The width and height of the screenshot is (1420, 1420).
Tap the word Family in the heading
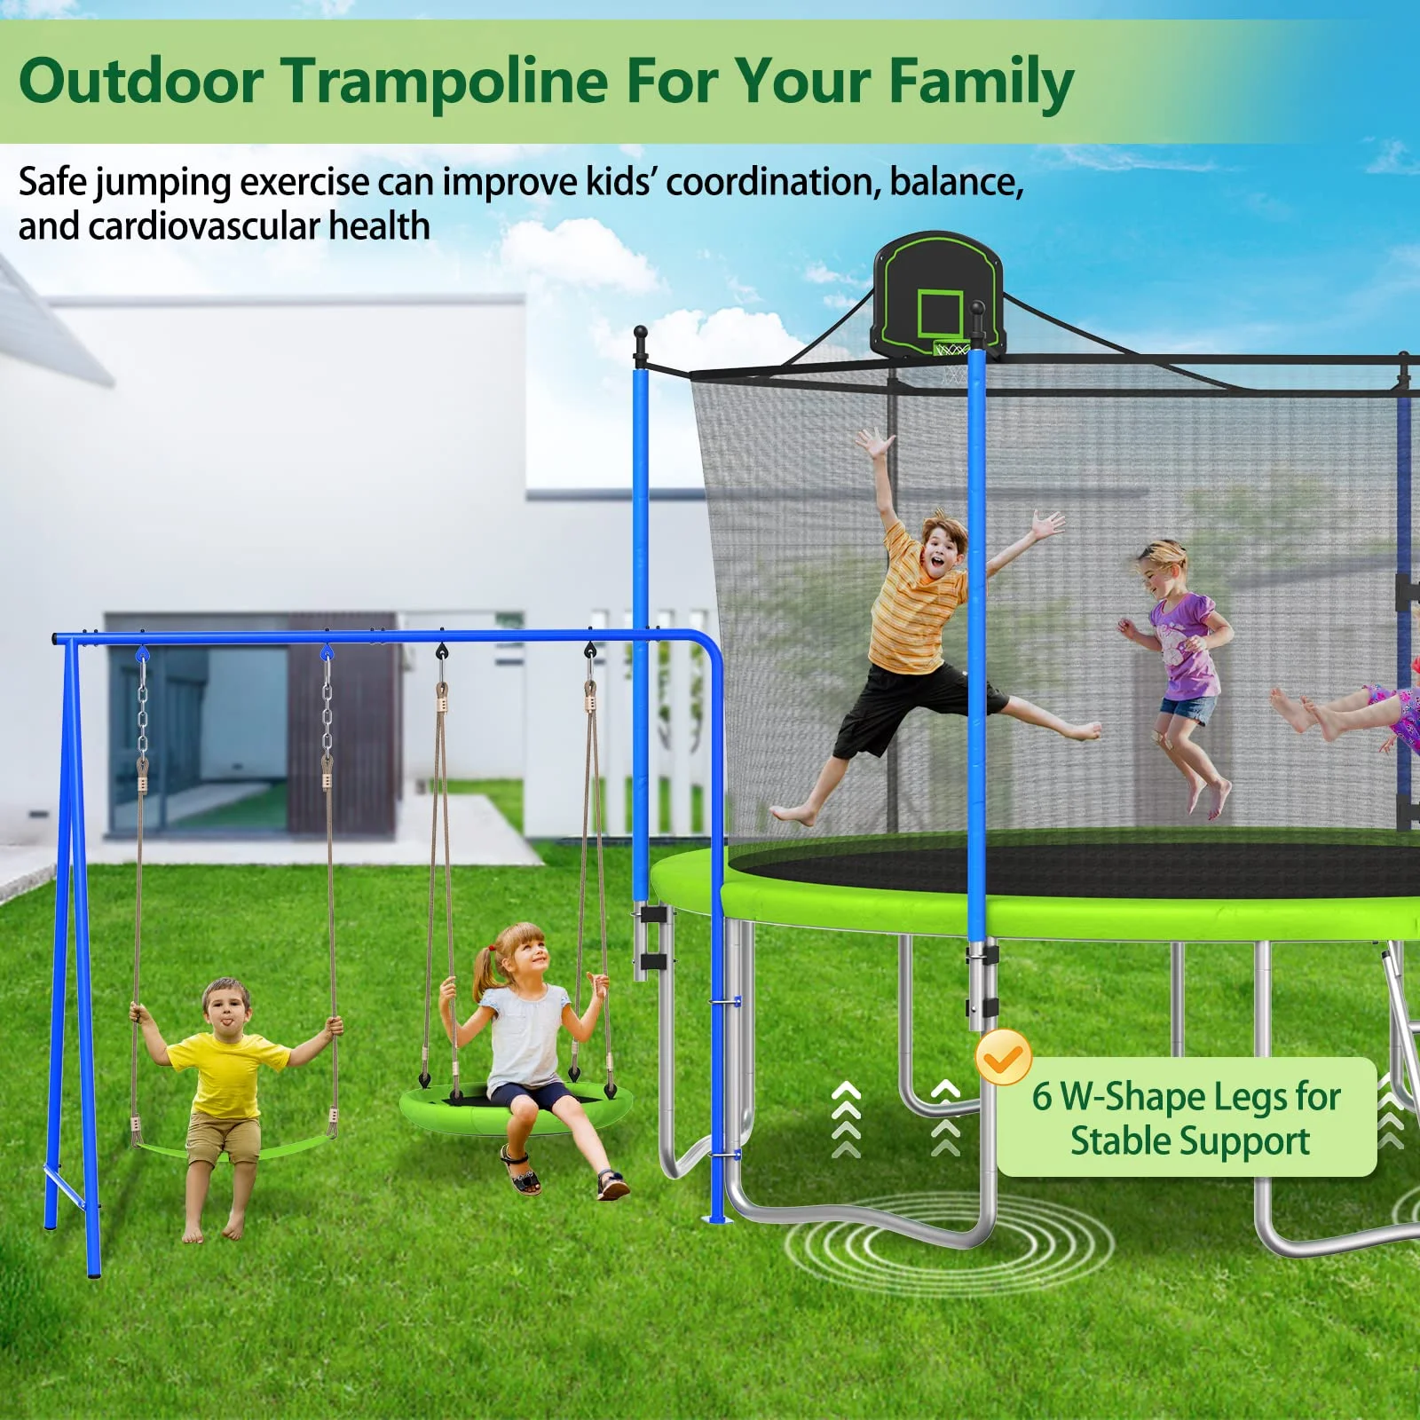[x=982, y=83]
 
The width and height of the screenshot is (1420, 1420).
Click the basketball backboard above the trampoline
[x=939, y=296]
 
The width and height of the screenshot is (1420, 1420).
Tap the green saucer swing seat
[x=517, y=1107]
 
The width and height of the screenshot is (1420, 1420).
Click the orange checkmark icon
[x=1003, y=1056]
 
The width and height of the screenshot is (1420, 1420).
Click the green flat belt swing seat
[x=233, y=1149]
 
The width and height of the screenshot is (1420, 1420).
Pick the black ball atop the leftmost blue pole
[x=641, y=333]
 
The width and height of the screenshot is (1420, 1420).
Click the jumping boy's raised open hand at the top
[x=873, y=443]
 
